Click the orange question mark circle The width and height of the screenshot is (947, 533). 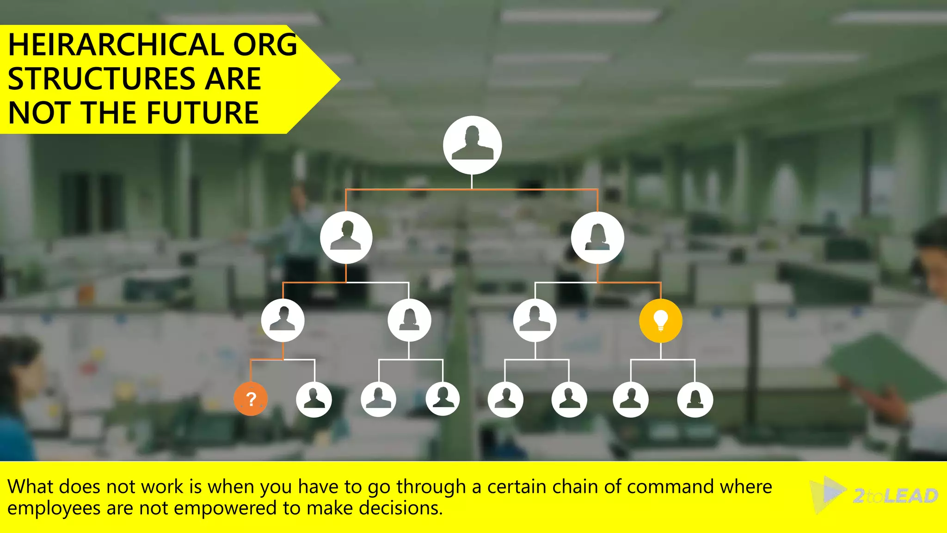(x=251, y=399)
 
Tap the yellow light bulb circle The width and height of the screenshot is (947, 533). (x=660, y=321)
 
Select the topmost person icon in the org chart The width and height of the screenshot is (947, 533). (x=472, y=145)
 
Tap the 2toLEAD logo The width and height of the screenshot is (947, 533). (x=874, y=495)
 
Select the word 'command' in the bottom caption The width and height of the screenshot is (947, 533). (x=670, y=487)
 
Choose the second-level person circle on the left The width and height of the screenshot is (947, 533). (x=346, y=238)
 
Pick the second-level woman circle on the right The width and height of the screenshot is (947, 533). (x=597, y=238)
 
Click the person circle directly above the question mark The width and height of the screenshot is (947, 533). (x=283, y=320)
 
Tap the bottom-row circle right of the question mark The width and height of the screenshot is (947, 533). (x=314, y=399)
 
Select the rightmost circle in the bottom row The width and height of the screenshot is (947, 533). (x=695, y=399)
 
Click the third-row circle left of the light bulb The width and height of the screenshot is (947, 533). (x=535, y=320)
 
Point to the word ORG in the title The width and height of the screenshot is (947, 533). (x=265, y=45)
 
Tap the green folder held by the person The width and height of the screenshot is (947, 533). (x=883, y=366)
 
